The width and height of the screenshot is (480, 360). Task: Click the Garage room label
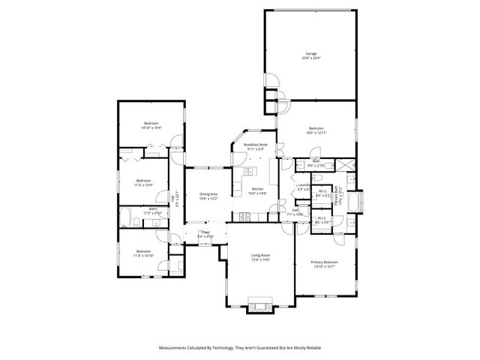tap(310, 53)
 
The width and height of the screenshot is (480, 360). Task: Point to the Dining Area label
tap(208, 193)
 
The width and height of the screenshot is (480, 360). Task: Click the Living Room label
tap(260, 255)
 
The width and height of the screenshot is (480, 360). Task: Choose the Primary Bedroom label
tap(325, 262)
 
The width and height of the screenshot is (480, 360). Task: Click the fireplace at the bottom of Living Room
tap(260, 306)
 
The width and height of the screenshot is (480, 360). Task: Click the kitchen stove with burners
tap(244, 217)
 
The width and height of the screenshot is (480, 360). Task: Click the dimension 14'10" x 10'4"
tap(151, 128)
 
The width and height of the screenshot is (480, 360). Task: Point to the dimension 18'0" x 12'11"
tap(316, 133)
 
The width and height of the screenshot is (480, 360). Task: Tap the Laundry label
tap(304, 184)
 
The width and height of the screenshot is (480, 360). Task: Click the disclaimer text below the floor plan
tap(239, 348)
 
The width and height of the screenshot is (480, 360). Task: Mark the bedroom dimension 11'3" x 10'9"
tap(143, 185)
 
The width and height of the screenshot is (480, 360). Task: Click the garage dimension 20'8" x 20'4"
tap(310, 58)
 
